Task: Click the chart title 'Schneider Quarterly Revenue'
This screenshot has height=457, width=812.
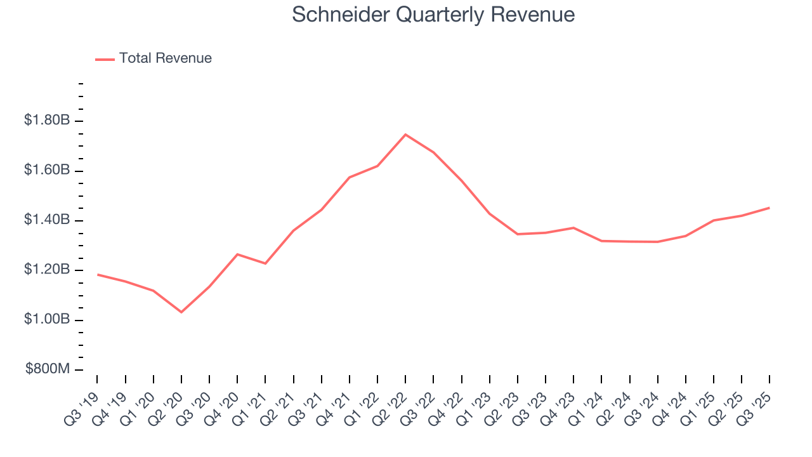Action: click(x=433, y=15)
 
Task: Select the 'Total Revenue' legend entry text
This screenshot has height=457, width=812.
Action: click(x=165, y=58)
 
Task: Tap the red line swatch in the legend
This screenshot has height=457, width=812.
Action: click(x=105, y=59)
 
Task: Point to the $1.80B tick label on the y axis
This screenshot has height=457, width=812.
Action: click(x=46, y=120)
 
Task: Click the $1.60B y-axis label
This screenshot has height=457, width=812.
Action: click(x=46, y=170)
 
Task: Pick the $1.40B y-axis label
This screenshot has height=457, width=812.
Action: click(x=46, y=220)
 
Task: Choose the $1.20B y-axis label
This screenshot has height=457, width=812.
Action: click(x=46, y=270)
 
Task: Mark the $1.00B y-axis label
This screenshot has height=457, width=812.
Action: click(x=46, y=319)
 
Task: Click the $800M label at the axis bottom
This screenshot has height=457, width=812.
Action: click(x=48, y=369)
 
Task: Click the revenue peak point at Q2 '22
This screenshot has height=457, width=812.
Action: click(x=405, y=135)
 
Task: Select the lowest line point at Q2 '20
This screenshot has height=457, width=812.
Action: click(x=181, y=312)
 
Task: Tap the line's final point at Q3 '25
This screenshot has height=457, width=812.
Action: click(x=769, y=208)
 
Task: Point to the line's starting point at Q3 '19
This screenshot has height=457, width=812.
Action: click(x=98, y=274)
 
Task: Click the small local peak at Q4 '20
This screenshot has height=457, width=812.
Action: click(x=237, y=254)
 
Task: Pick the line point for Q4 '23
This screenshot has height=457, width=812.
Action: click(x=573, y=227)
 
